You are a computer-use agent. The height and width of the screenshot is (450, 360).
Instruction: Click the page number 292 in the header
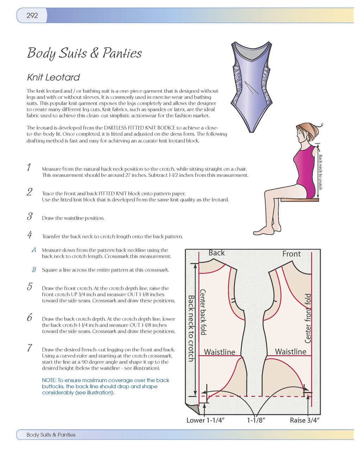click(x=32, y=15)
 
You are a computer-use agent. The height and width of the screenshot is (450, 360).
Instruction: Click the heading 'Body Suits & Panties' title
click(x=84, y=53)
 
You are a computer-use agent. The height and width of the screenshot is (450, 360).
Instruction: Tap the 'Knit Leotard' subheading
click(x=53, y=77)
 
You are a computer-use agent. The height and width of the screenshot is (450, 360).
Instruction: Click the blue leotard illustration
click(x=251, y=84)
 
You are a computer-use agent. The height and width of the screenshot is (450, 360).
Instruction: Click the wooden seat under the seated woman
click(x=300, y=200)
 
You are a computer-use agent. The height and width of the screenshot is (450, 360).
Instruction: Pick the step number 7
click(x=30, y=348)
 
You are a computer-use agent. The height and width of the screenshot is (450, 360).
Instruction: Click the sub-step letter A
click(x=34, y=250)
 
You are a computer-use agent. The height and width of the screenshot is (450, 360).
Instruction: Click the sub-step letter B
click(x=34, y=270)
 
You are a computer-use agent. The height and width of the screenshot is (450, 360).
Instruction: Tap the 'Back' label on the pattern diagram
click(x=217, y=253)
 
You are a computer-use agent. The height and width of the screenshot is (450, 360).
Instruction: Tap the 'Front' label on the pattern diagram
click(x=291, y=253)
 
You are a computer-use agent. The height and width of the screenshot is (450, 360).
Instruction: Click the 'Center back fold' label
click(x=203, y=312)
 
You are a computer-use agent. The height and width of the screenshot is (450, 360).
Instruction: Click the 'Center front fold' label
click(x=308, y=318)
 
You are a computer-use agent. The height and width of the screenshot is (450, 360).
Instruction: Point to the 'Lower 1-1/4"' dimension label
click(x=205, y=420)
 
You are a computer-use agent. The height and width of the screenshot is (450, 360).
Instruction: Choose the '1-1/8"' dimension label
click(x=256, y=420)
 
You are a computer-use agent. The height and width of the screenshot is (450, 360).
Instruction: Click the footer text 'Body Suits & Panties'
click(x=51, y=435)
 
